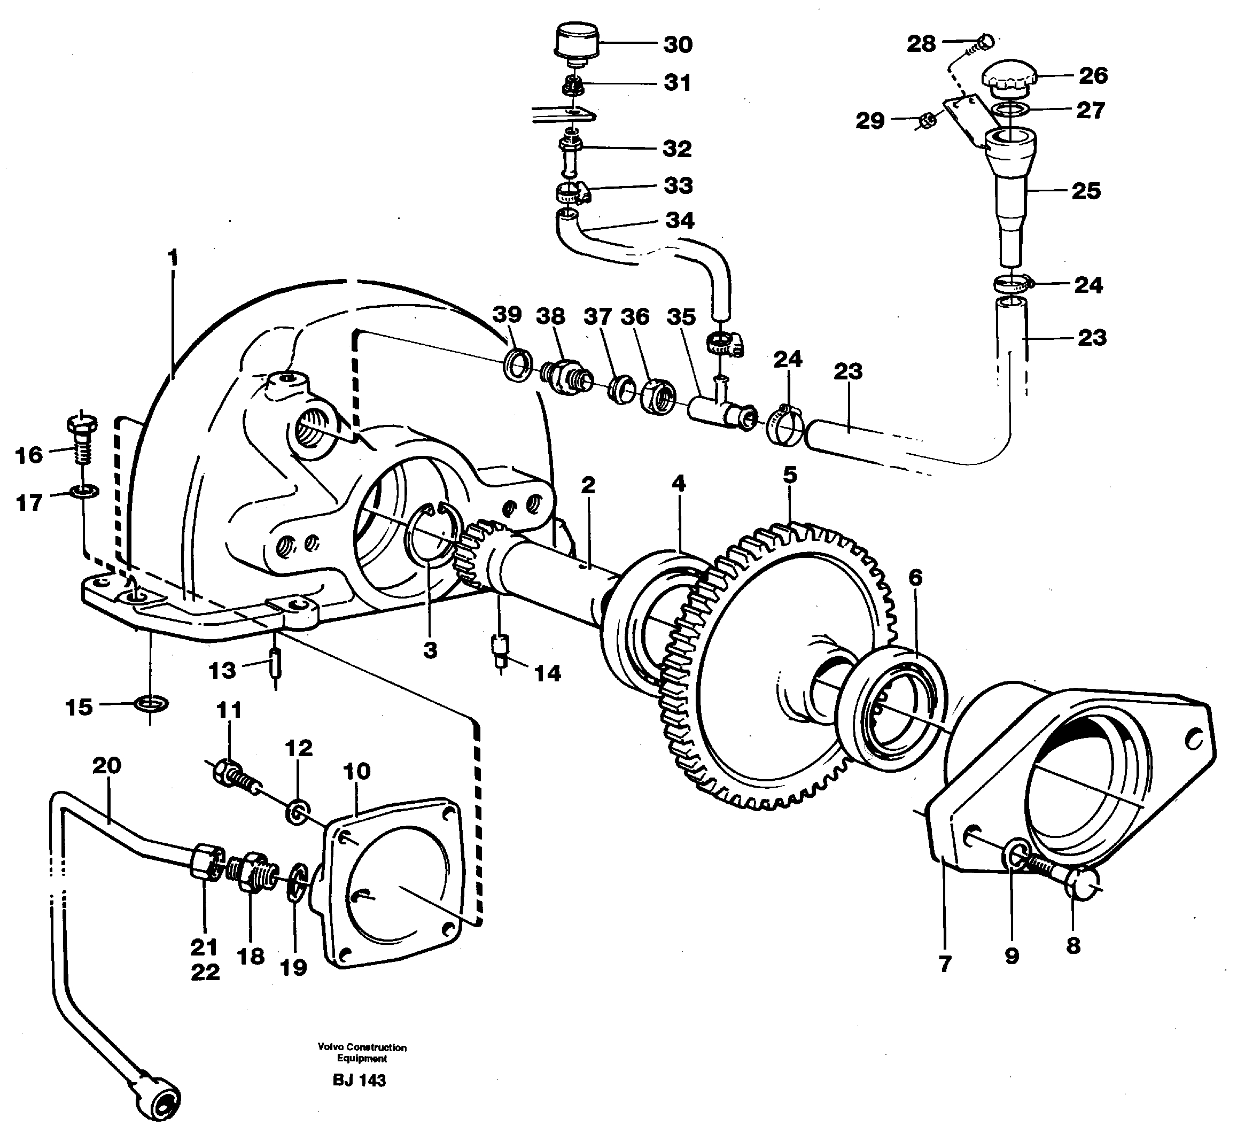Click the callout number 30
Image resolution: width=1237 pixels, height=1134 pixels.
(678, 44)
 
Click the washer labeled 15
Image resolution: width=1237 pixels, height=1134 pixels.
(151, 703)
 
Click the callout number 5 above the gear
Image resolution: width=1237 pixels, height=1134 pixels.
(790, 475)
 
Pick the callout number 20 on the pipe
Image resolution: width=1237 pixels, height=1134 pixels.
(107, 765)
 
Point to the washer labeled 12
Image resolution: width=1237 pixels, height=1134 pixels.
(298, 812)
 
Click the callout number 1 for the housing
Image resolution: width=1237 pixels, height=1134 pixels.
(173, 258)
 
